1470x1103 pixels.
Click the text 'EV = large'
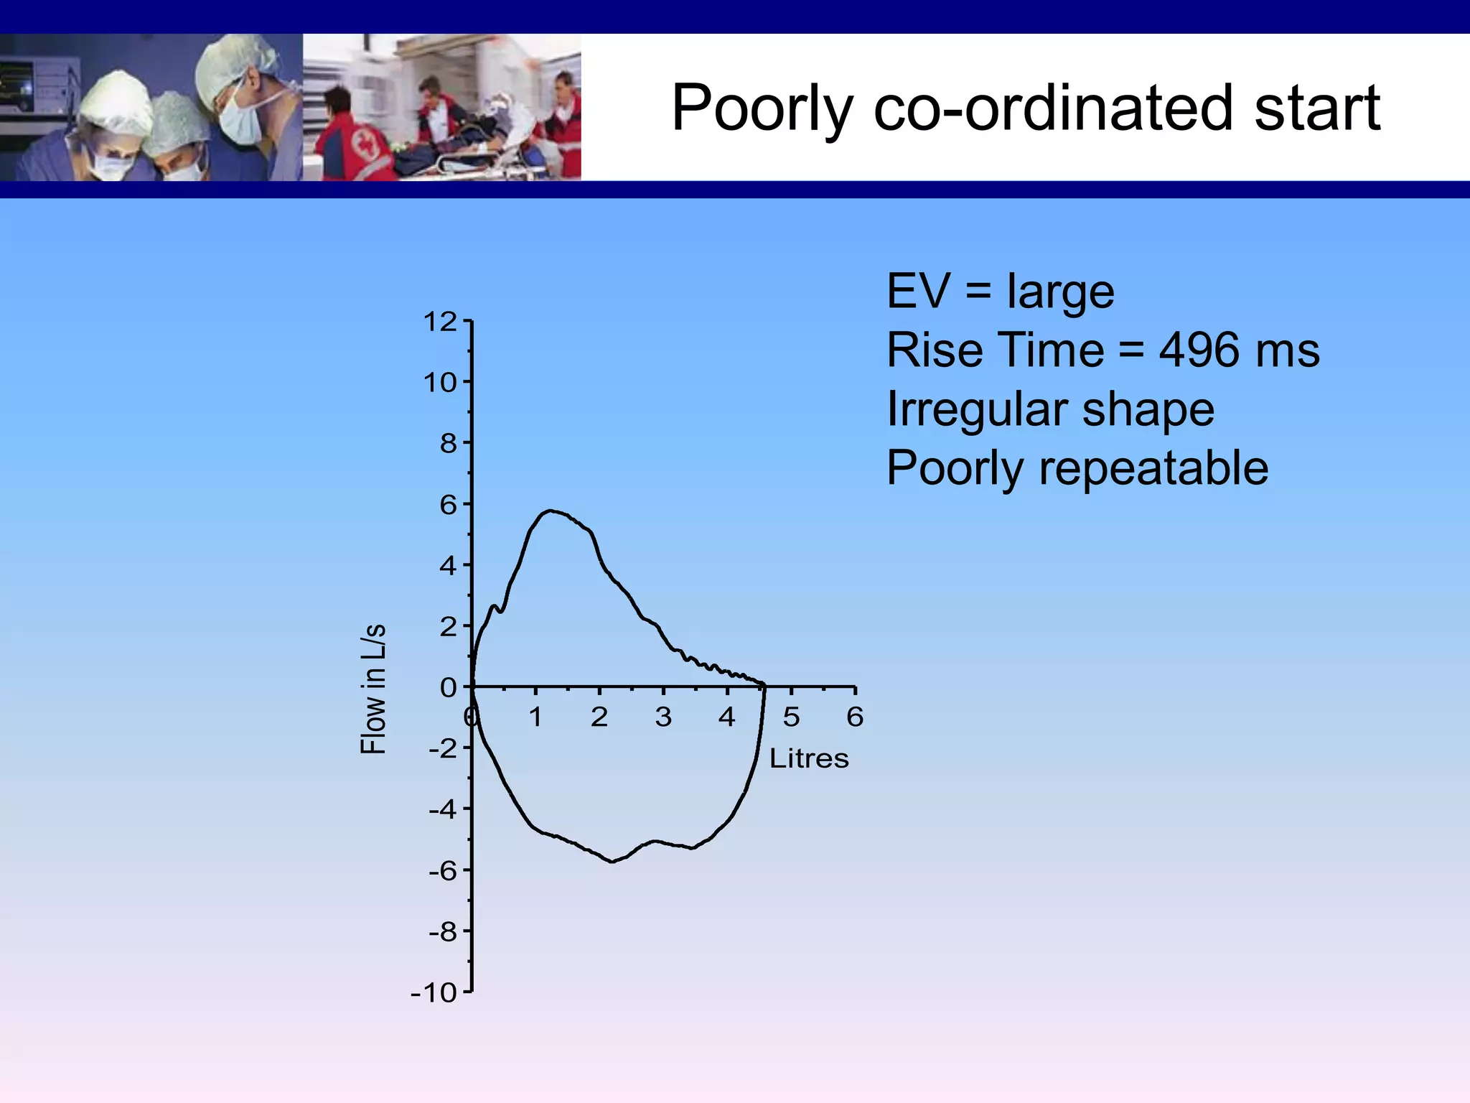click(x=1000, y=292)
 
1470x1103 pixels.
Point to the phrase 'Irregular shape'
click(x=1050, y=409)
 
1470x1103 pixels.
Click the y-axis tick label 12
click(x=439, y=322)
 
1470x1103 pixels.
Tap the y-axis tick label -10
click(x=434, y=993)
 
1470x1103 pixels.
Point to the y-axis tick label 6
click(x=448, y=505)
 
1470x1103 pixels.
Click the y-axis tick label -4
click(x=442, y=810)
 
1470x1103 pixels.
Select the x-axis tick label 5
click(x=791, y=717)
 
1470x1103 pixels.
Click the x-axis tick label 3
click(x=663, y=717)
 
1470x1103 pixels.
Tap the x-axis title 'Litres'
click(x=809, y=758)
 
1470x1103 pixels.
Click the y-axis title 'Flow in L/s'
click(x=373, y=689)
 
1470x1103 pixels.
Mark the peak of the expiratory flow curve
click(x=550, y=511)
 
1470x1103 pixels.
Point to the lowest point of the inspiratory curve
click(x=612, y=861)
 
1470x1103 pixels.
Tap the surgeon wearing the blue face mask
click(x=240, y=108)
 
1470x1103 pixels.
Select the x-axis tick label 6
click(x=854, y=717)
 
